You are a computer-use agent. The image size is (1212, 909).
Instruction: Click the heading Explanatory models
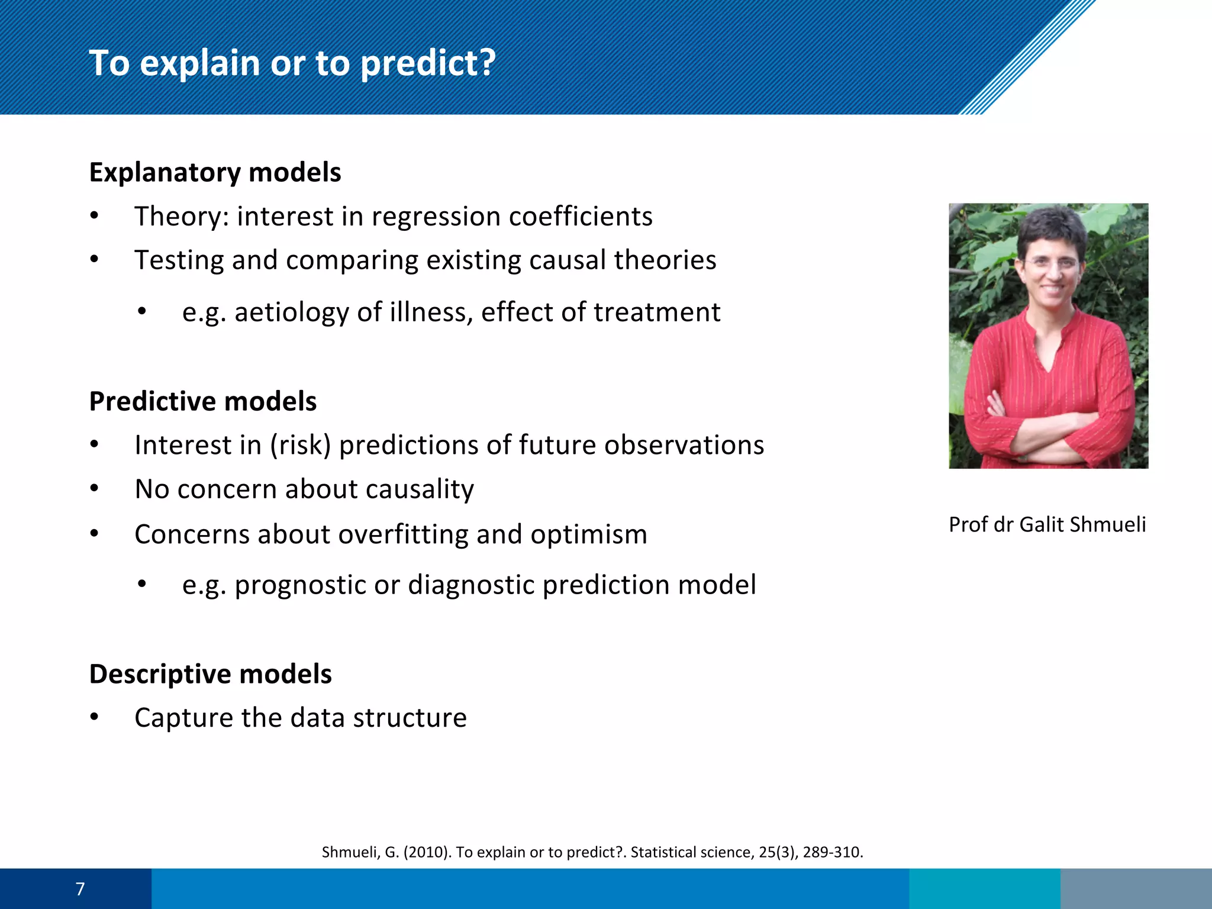(x=215, y=172)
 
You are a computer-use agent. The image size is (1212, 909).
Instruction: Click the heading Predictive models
(x=202, y=401)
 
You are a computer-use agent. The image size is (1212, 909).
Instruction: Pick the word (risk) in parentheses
(x=300, y=445)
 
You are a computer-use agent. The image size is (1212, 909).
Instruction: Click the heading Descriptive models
(x=210, y=674)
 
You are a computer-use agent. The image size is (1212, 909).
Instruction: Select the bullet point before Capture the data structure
(x=94, y=717)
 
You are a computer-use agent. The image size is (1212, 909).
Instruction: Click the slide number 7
(x=80, y=889)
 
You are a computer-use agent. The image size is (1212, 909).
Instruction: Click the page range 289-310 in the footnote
(x=832, y=852)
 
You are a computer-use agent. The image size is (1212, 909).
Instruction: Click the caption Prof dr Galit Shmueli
(x=1047, y=524)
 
